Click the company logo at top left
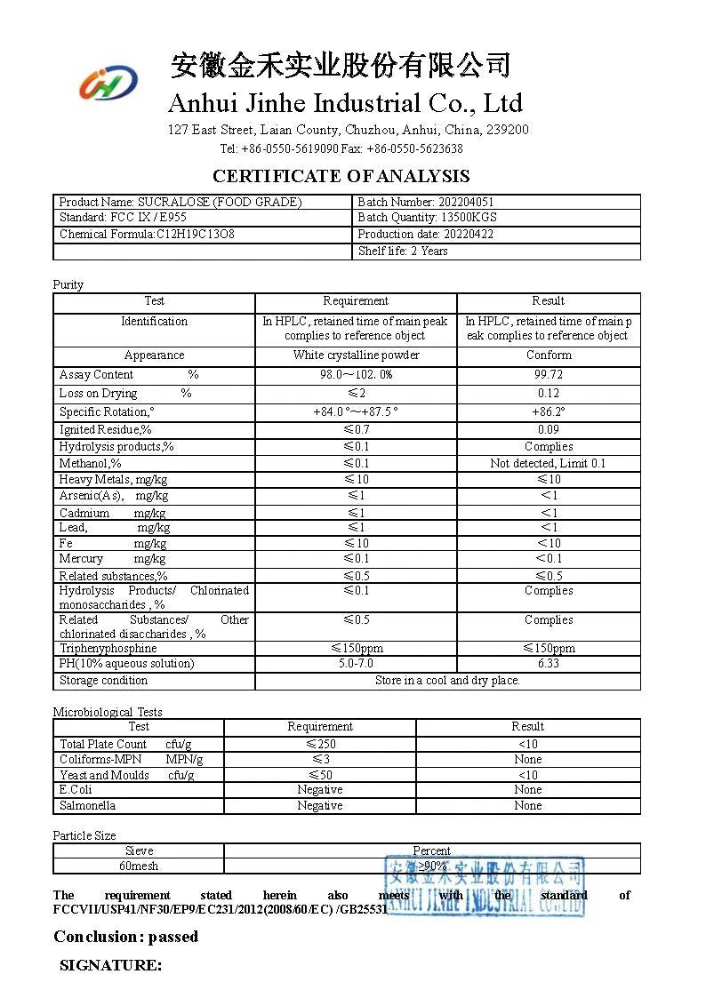coord(108,84)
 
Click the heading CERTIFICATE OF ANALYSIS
coord(341,176)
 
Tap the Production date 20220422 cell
coord(425,235)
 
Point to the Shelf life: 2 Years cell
coord(403,251)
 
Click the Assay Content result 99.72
coord(549,375)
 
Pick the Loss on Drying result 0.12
coord(549,394)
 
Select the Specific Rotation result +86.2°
coord(549,412)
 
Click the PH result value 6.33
coord(549,664)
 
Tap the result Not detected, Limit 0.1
coord(549,463)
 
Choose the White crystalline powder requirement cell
coord(356,355)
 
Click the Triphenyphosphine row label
coord(108,649)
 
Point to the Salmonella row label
coord(87,806)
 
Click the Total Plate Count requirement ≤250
coord(320,745)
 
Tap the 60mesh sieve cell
coord(139,866)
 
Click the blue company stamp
coord(485,886)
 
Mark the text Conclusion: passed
coord(125,937)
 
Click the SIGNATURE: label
coord(110,965)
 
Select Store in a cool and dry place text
coord(447,681)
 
